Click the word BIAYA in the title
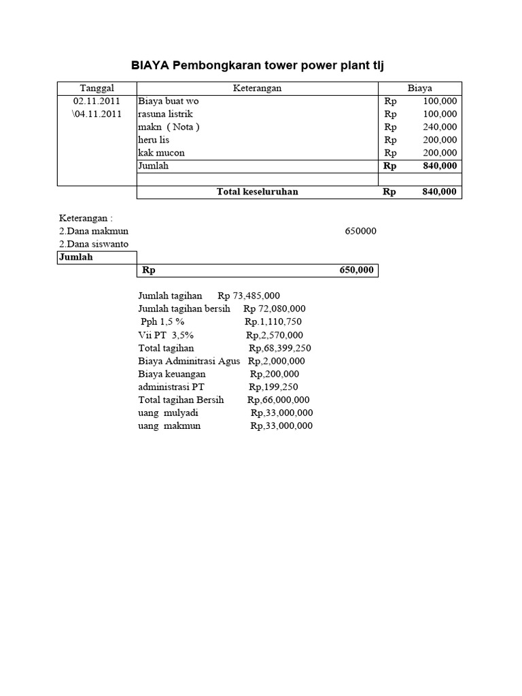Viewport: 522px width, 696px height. pos(150,65)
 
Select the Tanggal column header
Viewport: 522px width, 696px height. pos(97,88)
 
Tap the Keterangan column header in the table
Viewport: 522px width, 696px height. pos(257,88)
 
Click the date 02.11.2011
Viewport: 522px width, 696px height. pos(97,101)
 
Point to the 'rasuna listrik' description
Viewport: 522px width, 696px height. pos(163,114)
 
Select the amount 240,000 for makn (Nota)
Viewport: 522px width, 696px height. pos(440,126)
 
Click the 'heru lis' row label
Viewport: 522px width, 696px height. pos(154,139)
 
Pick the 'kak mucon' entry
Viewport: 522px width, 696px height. pos(161,153)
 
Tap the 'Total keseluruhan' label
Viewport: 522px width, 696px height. pos(257,192)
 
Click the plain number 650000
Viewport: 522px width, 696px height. pos(360,231)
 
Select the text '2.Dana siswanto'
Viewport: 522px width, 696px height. pos(94,244)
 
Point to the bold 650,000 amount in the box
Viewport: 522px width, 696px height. pos(356,271)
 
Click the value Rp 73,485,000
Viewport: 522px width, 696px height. pos(249,296)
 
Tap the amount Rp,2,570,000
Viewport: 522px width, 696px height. pos(275,335)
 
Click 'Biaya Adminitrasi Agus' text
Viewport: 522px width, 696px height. pos(189,361)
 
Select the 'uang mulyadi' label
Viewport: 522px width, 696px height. pos(169,413)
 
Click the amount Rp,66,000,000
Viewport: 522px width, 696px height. pos(279,400)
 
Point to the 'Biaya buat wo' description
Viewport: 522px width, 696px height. pos(168,101)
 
